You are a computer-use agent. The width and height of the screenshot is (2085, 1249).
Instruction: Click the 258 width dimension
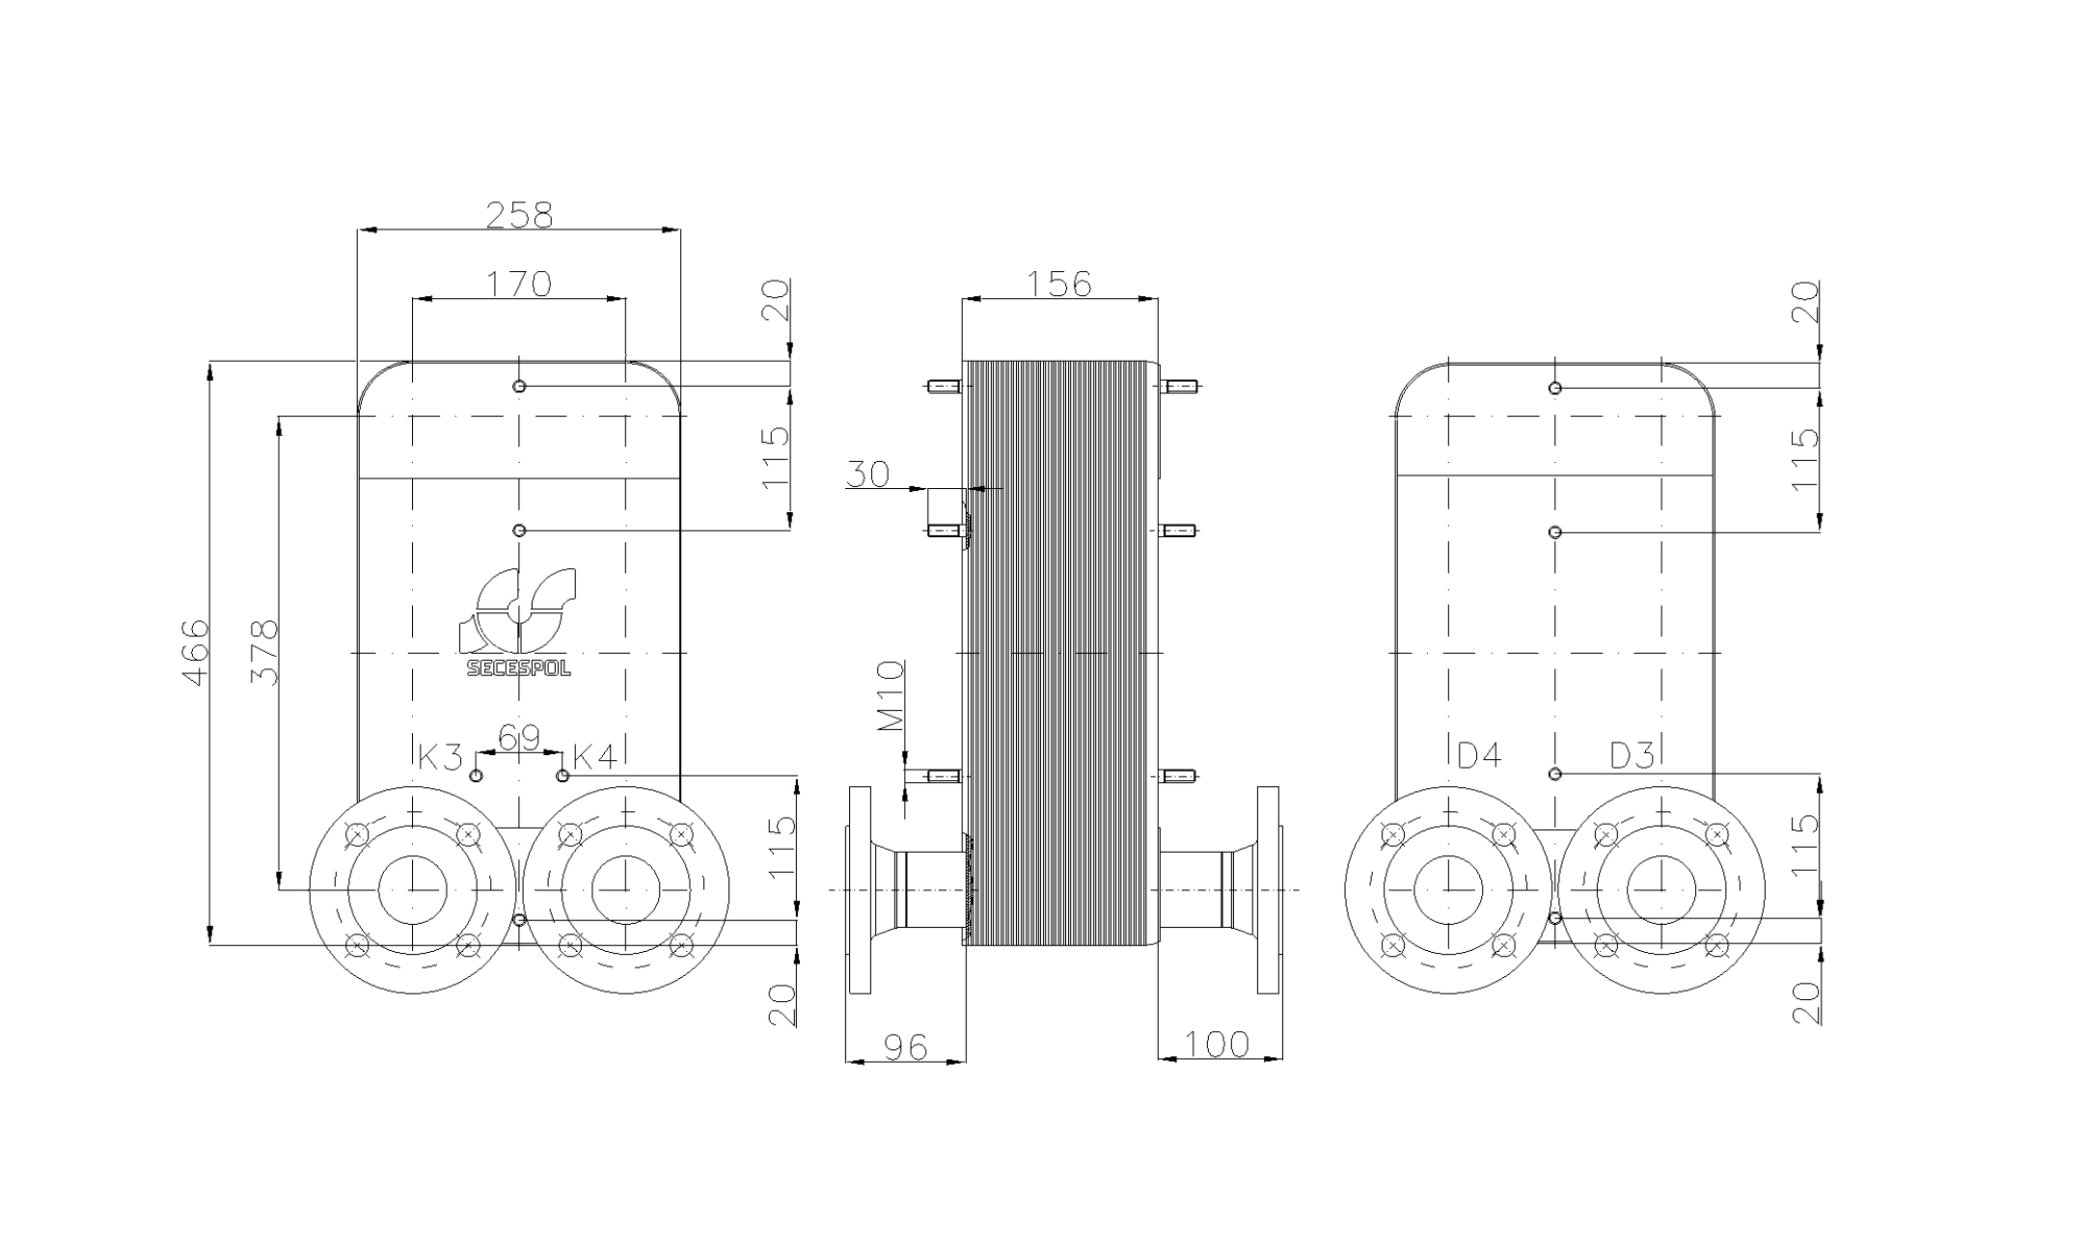(519, 214)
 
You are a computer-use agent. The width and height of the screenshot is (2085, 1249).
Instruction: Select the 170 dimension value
(518, 284)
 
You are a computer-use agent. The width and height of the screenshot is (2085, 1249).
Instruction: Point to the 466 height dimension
(196, 652)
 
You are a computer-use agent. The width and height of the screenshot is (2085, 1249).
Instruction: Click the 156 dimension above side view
(1058, 284)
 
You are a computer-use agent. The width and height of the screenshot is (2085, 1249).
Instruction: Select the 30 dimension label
(867, 475)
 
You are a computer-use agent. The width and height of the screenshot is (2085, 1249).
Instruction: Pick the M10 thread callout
(891, 695)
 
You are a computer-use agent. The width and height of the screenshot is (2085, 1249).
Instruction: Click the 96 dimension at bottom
(905, 1046)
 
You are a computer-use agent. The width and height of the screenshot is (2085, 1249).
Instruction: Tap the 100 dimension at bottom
(1216, 1044)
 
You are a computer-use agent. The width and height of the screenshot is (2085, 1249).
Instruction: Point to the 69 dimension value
(519, 739)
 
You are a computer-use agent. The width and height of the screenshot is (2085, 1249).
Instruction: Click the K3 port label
(440, 757)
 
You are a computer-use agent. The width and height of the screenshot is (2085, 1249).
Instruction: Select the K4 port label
(594, 757)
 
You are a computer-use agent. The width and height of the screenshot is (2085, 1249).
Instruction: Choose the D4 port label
(1478, 756)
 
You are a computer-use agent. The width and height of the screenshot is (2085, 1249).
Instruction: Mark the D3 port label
(1632, 756)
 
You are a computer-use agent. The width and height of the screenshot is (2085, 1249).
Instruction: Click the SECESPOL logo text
(518, 668)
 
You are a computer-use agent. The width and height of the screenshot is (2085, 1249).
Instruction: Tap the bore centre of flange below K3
(413, 888)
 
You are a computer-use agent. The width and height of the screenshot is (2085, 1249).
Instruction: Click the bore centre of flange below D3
(1661, 888)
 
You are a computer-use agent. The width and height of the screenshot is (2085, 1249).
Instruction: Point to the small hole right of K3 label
(476, 775)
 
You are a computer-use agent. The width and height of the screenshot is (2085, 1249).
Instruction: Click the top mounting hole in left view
(519, 386)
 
